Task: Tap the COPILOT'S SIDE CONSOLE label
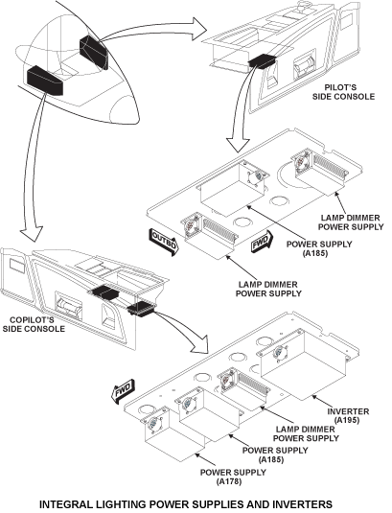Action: tap(35, 323)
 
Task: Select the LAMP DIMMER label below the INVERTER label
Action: tap(306, 433)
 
